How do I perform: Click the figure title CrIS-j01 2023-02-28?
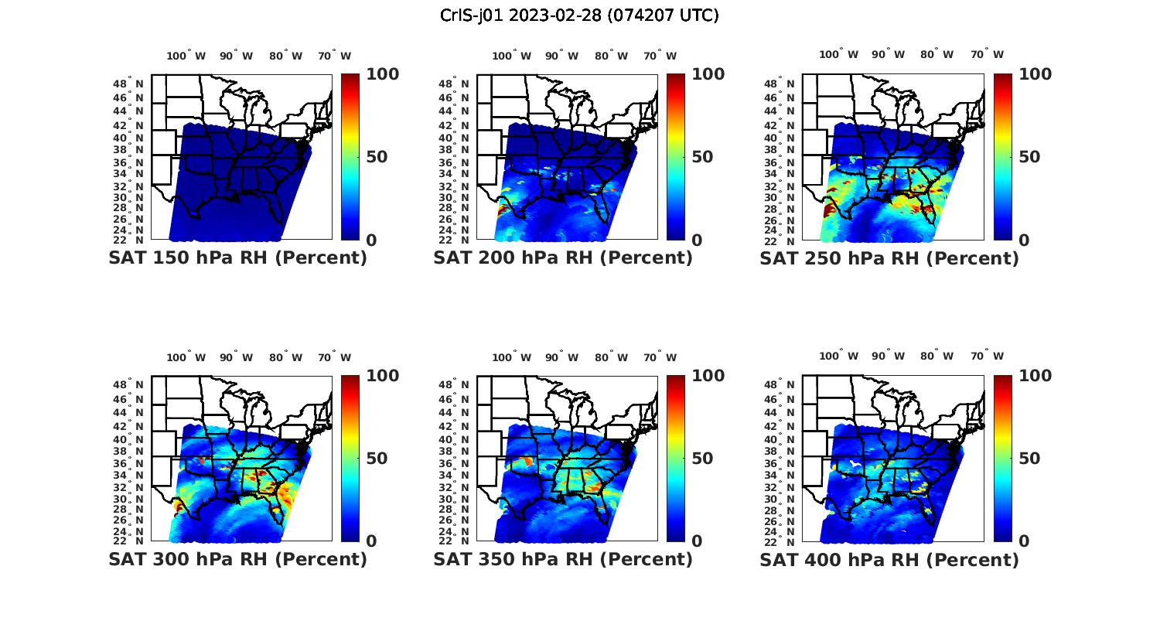pyautogui.click(x=579, y=15)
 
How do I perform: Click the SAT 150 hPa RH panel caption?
pyautogui.click(x=237, y=258)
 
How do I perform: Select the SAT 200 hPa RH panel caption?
pyautogui.click(x=563, y=258)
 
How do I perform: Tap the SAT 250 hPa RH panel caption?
pyautogui.click(x=889, y=258)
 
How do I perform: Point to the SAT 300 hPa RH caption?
pyautogui.click(x=237, y=559)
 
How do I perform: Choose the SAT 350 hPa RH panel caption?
pyautogui.click(x=563, y=559)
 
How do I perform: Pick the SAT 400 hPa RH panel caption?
pyautogui.click(x=889, y=559)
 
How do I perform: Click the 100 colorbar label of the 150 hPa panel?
pyautogui.click(x=382, y=74)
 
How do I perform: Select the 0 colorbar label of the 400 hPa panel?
pyautogui.click(x=1024, y=541)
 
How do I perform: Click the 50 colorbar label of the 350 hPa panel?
pyautogui.click(x=702, y=459)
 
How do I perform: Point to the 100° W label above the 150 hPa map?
pyautogui.click(x=186, y=56)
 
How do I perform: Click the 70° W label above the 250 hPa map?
pyautogui.click(x=987, y=54)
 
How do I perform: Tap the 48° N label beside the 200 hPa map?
pyautogui.click(x=454, y=84)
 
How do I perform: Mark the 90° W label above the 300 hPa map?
pyautogui.click(x=236, y=357)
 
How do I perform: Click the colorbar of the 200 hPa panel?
pyautogui.click(x=676, y=157)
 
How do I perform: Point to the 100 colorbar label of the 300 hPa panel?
pyautogui.click(x=382, y=376)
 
